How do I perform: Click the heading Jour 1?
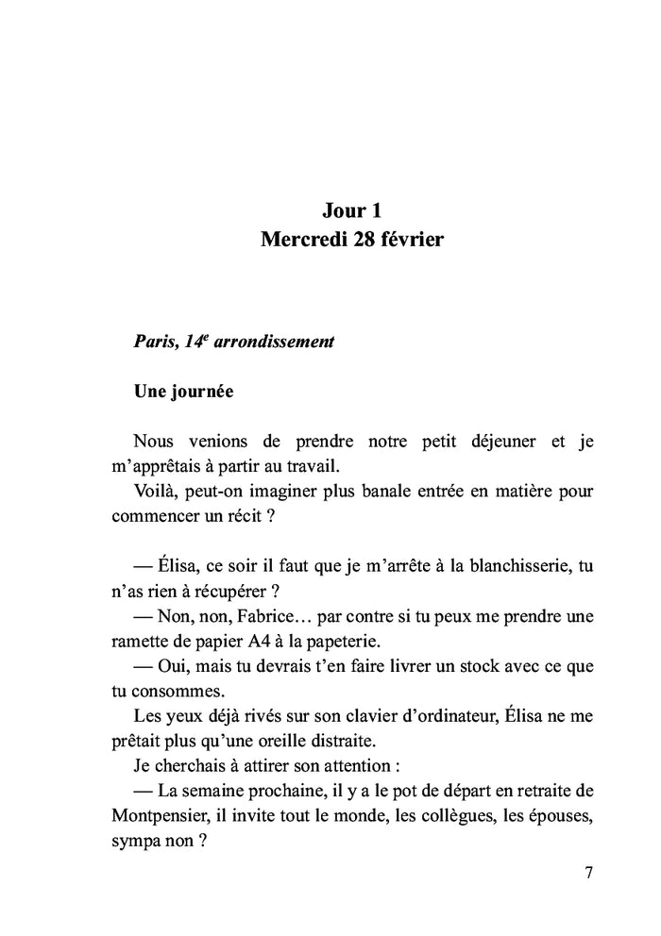(351, 209)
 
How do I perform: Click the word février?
(413, 240)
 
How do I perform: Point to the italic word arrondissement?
(275, 342)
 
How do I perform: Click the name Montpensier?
(160, 815)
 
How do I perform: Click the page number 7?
(588, 871)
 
